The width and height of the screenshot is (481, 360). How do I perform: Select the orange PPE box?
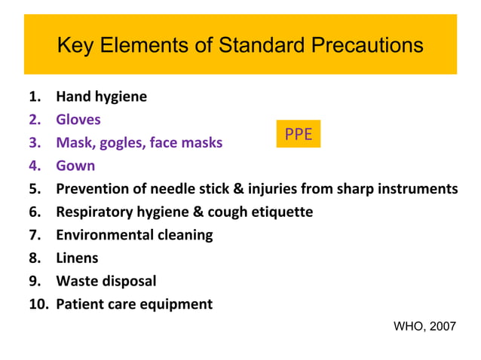click(x=298, y=135)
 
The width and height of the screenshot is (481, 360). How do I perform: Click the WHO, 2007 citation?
click(x=424, y=326)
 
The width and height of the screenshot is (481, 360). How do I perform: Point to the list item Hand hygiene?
click(x=101, y=96)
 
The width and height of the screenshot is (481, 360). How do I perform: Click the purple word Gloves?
click(x=78, y=120)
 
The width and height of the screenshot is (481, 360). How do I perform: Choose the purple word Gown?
click(x=75, y=166)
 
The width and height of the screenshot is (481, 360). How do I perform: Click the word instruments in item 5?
click(x=416, y=188)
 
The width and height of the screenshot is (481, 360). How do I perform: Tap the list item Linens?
click(x=77, y=258)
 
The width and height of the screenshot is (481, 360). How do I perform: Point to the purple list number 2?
click(x=35, y=120)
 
